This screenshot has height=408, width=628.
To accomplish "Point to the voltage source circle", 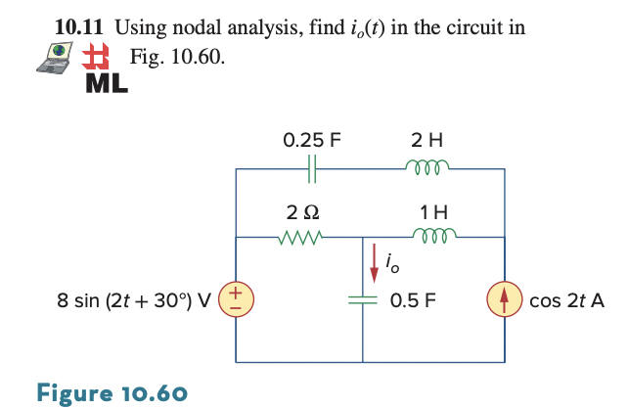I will click(237, 300).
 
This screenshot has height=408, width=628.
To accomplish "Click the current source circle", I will click(505, 300).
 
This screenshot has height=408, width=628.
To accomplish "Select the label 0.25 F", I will click(311, 139).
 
